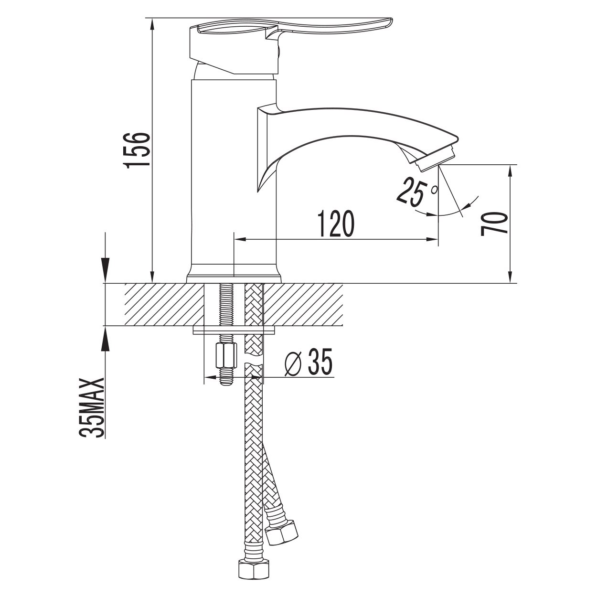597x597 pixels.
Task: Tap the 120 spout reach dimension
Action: click(336, 224)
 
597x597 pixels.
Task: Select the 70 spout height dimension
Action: click(494, 224)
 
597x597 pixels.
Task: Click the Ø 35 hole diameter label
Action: click(308, 362)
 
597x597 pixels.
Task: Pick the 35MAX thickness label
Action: click(91, 408)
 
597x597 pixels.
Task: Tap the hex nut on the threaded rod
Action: click(226, 354)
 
